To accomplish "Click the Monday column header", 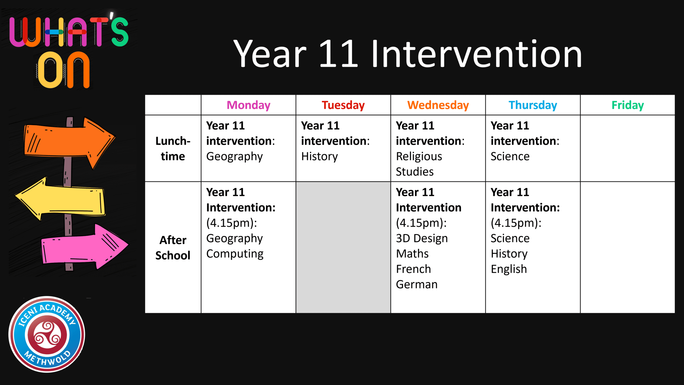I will click(248, 105).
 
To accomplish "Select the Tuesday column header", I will click(343, 105).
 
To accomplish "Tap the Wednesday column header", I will click(438, 105).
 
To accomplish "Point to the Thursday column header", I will click(533, 105).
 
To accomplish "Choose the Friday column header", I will click(628, 105).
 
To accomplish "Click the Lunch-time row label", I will click(173, 149).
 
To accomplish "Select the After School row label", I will click(173, 248).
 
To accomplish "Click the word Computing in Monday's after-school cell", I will click(235, 254).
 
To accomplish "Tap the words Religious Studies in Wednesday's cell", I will click(419, 164).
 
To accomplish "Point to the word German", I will click(417, 284).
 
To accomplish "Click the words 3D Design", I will click(422, 238).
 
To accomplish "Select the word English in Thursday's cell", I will click(509, 269).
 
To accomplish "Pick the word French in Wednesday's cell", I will click(413, 269).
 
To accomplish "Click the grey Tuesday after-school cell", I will click(343, 247).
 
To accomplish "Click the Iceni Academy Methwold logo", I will click(47, 334).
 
